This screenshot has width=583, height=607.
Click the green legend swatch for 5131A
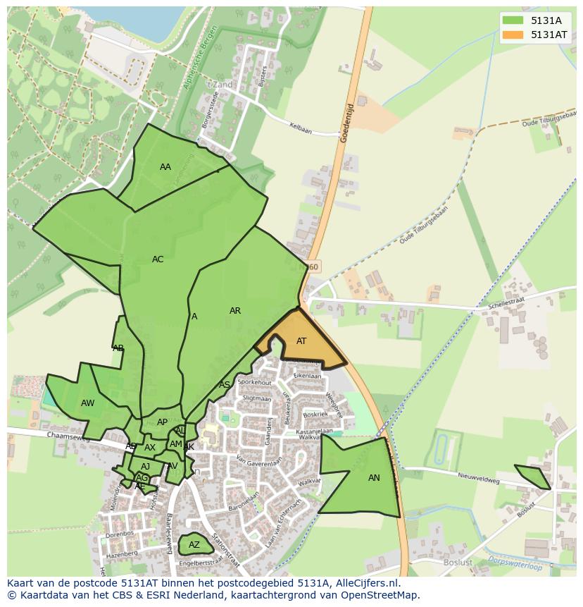(x=513, y=21)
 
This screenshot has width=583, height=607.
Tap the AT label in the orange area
(x=301, y=341)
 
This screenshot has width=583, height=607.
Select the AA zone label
(x=165, y=167)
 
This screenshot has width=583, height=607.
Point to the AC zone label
(x=158, y=259)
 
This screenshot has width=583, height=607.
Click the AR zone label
(x=235, y=311)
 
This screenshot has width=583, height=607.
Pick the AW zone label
(x=88, y=403)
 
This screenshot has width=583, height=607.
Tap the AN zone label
(x=374, y=478)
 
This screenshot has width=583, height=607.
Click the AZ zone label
(x=194, y=545)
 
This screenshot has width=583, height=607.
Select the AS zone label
(x=225, y=385)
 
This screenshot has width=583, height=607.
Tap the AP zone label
(x=163, y=422)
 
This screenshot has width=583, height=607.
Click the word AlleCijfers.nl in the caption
(x=358, y=584)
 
